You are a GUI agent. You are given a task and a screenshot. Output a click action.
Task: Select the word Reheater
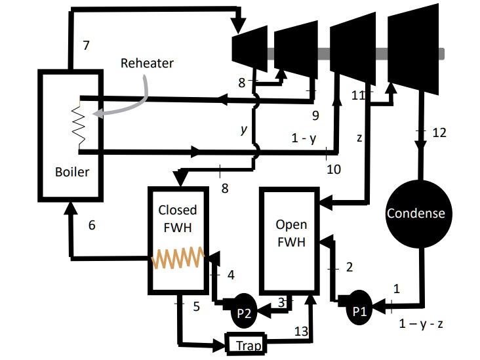pos(147,64)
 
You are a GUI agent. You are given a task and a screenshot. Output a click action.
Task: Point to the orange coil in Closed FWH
pos(178,258)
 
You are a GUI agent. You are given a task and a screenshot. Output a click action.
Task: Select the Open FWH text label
pos(290,232)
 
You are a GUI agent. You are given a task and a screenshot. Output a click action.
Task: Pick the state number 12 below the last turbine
pos(439,132)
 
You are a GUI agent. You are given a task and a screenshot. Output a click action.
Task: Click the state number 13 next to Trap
pos(300,331)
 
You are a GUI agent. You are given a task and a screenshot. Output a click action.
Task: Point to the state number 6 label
pos(92,224)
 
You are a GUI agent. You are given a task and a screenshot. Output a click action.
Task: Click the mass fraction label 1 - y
pos(304,139)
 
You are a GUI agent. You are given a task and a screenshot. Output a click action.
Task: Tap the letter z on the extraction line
pos(359,138)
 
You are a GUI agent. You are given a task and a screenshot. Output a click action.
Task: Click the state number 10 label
pos(334,169)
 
